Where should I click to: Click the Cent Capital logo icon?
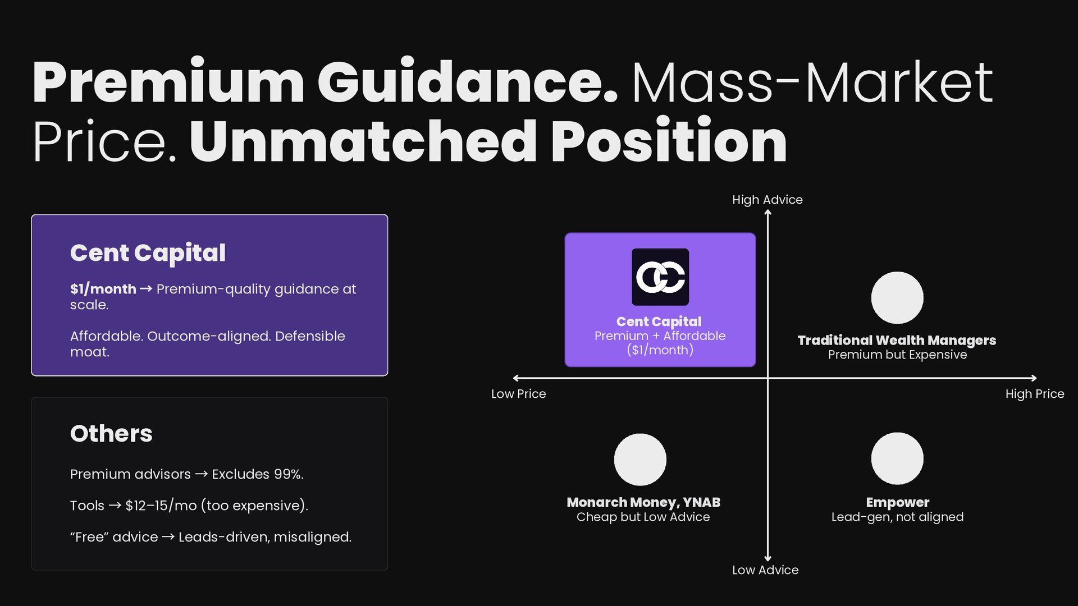tap(660, 277)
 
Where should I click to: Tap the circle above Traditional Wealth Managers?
tap(897, 298)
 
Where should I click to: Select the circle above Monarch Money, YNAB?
tap(640, 460)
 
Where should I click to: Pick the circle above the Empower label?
tap(897, 458)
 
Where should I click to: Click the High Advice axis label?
tap(767, 200)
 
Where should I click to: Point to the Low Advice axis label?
tap(765, 570)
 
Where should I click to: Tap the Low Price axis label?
tap(518, 394)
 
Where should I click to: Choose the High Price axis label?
tap(1034, 394)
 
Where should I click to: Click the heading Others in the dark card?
tap(111, 434)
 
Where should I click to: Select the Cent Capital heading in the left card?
tap(148, 253)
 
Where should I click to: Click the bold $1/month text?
tap(103, 289)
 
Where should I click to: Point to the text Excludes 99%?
tap(257, 474)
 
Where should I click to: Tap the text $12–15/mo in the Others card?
tap(161, 506)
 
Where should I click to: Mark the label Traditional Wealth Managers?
tap(897, 341)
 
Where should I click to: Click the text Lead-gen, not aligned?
tap(897, 517)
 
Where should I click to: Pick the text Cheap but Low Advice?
tap(643, 517)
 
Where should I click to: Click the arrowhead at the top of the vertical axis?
tap(768, 212)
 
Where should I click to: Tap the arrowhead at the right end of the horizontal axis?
tap(1034, 378)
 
